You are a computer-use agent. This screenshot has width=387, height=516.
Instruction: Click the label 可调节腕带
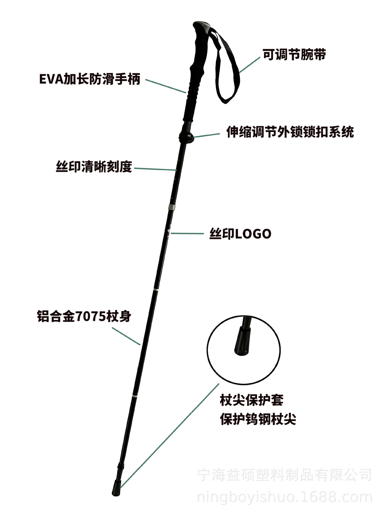(294, 55)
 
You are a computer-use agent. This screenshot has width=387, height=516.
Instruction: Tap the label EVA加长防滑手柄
(90, 79)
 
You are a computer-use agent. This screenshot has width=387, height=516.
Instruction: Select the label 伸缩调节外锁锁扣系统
(290, 132)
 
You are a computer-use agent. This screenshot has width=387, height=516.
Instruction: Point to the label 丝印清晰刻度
(94, 167)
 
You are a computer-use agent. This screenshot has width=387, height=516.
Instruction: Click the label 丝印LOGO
(240, 234)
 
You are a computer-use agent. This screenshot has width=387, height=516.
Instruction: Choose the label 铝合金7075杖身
(84, 316)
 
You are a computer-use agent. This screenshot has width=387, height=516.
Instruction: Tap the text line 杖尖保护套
(252, 400)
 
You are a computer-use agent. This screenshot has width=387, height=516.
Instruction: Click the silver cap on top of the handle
(202, 27)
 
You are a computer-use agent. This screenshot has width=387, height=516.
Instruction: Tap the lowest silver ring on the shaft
(135, 396)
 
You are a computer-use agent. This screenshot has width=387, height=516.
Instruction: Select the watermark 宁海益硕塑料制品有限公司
(285, 475)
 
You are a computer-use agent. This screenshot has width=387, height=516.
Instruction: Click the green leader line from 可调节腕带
(250, 65)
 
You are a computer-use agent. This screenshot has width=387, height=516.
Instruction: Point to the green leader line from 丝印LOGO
(187, 234)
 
